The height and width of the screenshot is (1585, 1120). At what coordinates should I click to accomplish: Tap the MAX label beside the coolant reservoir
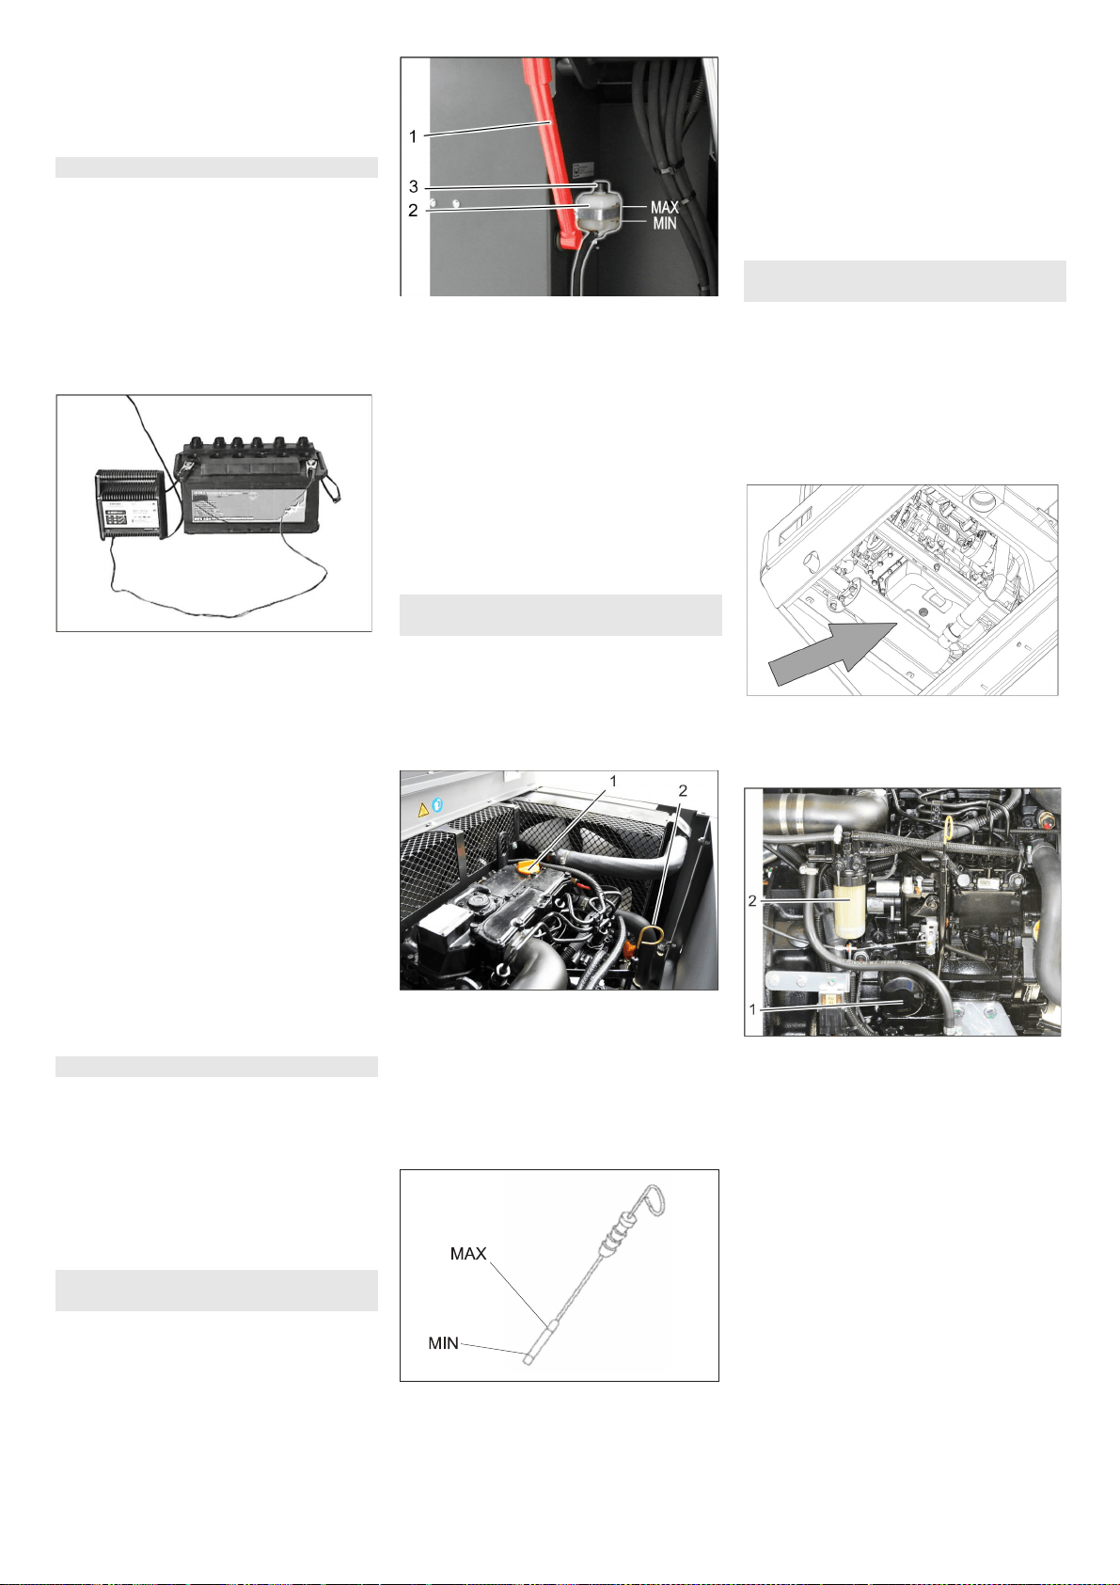tap(664, 207)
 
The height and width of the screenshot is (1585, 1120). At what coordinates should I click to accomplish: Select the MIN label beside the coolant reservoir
tap(664, 224)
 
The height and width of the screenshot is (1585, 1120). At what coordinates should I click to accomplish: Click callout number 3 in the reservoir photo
tap(413, 187)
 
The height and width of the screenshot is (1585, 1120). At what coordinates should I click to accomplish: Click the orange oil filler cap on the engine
tap(529, 866)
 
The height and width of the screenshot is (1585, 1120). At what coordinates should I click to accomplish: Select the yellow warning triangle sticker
tap(423, 810)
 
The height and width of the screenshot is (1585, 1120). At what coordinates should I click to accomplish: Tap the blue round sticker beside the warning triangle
tap(437, 804)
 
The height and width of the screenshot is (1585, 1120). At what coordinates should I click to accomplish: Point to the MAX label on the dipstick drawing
tap(468, 1253)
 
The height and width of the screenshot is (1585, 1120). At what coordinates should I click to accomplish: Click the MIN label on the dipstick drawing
tap(444, 1342)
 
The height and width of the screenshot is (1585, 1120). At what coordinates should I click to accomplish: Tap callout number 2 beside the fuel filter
tap(752, 901)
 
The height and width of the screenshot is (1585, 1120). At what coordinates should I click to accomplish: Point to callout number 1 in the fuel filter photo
tap(753, 1009)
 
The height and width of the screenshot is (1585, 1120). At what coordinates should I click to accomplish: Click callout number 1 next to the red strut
tap(413, 136)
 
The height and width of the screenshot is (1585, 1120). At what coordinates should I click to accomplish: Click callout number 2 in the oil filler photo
tap(683, 790)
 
